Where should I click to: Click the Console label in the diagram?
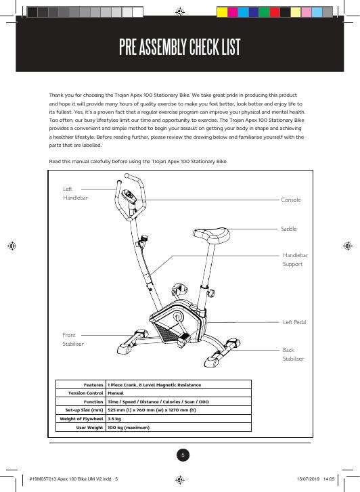tap(290, 200)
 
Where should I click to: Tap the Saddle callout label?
tap(289, 229)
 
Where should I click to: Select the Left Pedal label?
tap(294, 322)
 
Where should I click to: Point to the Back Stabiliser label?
tap(293, 354)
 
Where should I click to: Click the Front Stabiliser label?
tap(73, 340)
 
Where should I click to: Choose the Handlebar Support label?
tap(295, 259)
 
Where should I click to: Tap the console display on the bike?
tap(129, 196)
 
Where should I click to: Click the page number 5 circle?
tap(183, 455)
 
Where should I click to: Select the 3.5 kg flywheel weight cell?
tap(114, 419)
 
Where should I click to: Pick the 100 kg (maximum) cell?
tap(129, 427)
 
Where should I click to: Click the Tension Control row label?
tap(86, 393)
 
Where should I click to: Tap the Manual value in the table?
tap(116, 393)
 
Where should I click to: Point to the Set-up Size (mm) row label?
tap(84, 410)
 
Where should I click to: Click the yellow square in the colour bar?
tap(222, 12)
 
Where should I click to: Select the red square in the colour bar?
tap(275, 12)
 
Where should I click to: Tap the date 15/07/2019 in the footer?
tap(308, 479)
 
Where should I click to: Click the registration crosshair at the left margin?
tap(12, 246)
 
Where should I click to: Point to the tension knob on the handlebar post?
tap(143, 240)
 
